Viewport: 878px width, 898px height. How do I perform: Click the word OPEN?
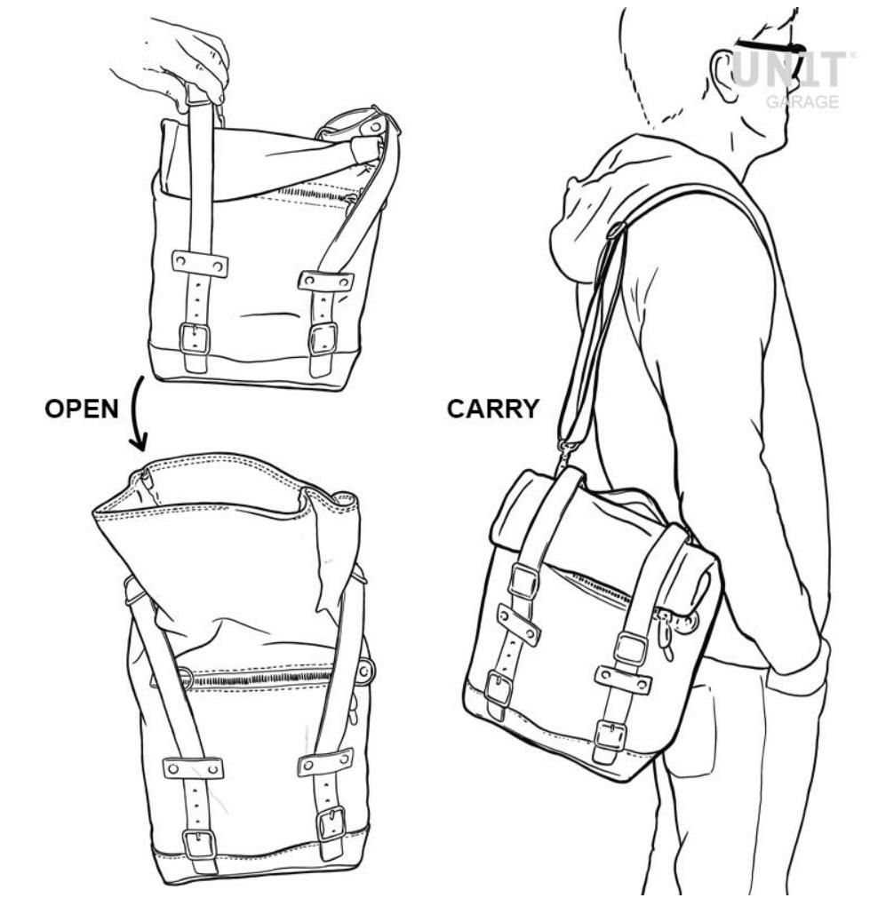(82, 409)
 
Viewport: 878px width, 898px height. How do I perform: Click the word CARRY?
(493, 409)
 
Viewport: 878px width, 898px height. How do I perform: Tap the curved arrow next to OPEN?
(136, 414)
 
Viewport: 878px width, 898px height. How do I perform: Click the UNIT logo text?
(788, 70)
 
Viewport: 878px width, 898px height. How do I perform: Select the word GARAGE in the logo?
(802, 102)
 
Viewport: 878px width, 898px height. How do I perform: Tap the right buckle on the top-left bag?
(323, 339)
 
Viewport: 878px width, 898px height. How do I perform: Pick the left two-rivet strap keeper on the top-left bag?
(199, 263)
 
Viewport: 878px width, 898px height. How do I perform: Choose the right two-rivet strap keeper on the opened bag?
(325, 760)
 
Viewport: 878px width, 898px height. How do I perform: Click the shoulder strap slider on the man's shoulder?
(617, 230)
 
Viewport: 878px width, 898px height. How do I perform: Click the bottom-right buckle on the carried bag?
(607, 735)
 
